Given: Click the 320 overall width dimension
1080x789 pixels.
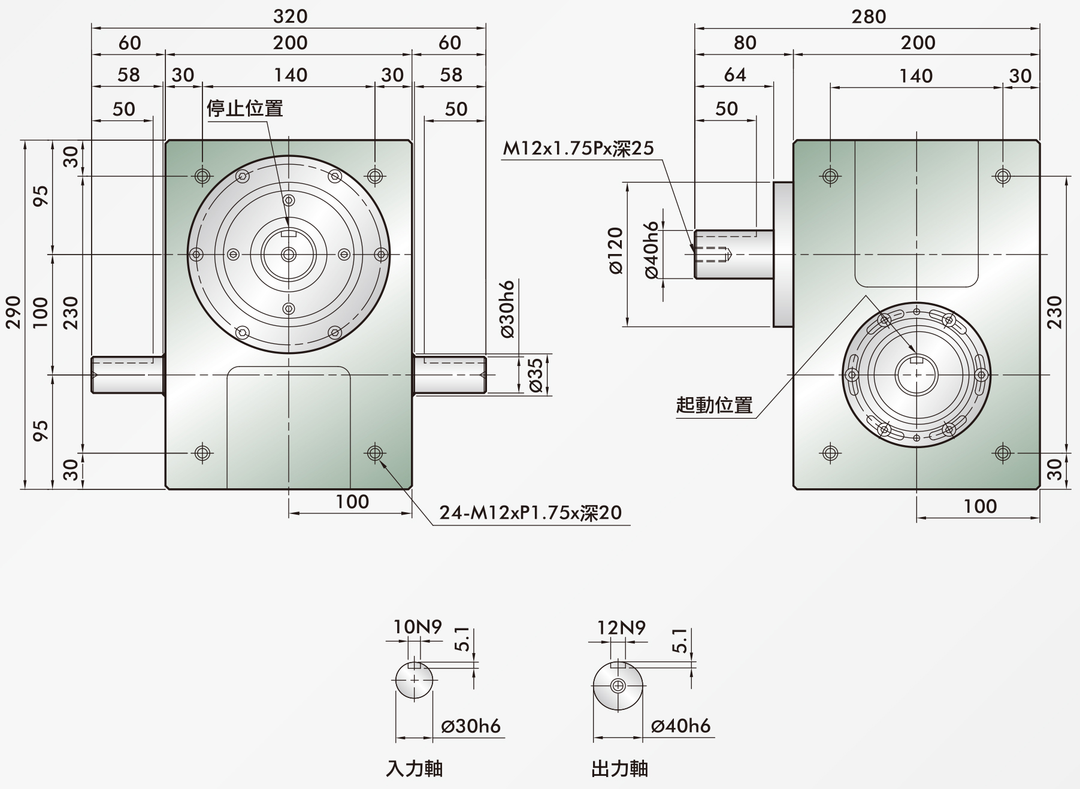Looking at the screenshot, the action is click(290, 16).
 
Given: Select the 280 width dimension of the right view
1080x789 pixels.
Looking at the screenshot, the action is click(869, 16).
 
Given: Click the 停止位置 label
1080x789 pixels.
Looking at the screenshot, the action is click(244, 108).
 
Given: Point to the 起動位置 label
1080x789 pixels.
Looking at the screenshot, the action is click(714, 405).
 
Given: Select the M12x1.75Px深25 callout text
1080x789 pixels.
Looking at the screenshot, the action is click(578, 148).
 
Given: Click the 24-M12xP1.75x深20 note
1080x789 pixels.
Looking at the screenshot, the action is click(531, 513).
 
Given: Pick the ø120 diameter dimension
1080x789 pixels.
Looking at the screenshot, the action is click(616, 250).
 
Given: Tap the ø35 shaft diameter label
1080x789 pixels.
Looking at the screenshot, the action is click(536, 375).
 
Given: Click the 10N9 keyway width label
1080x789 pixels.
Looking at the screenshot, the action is click(418, 627).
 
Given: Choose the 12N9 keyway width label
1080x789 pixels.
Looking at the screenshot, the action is click(621, 627).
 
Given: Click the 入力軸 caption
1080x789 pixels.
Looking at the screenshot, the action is click(415, 769).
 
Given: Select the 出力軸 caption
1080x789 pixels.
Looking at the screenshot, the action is click(619, 769).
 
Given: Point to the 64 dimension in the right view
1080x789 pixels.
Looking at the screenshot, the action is click(735, 74).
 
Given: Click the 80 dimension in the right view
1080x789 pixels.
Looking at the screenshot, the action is click(745, 43).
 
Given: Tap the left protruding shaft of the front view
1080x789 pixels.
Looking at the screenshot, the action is click(128, 375).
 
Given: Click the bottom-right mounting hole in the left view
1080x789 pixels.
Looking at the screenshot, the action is click(375, 453).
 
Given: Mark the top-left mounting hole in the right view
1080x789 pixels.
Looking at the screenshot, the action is click(830, 176).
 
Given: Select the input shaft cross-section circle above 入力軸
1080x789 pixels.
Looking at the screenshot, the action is click(415, 681).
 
